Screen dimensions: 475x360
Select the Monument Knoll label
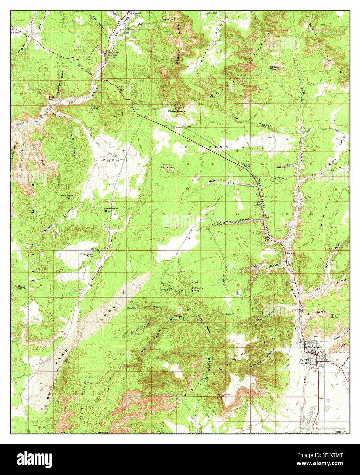(111, 210)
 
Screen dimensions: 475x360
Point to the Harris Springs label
(22, 286)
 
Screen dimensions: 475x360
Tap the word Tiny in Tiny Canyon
(257, 267)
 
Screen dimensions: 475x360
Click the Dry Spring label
(334, 316)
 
